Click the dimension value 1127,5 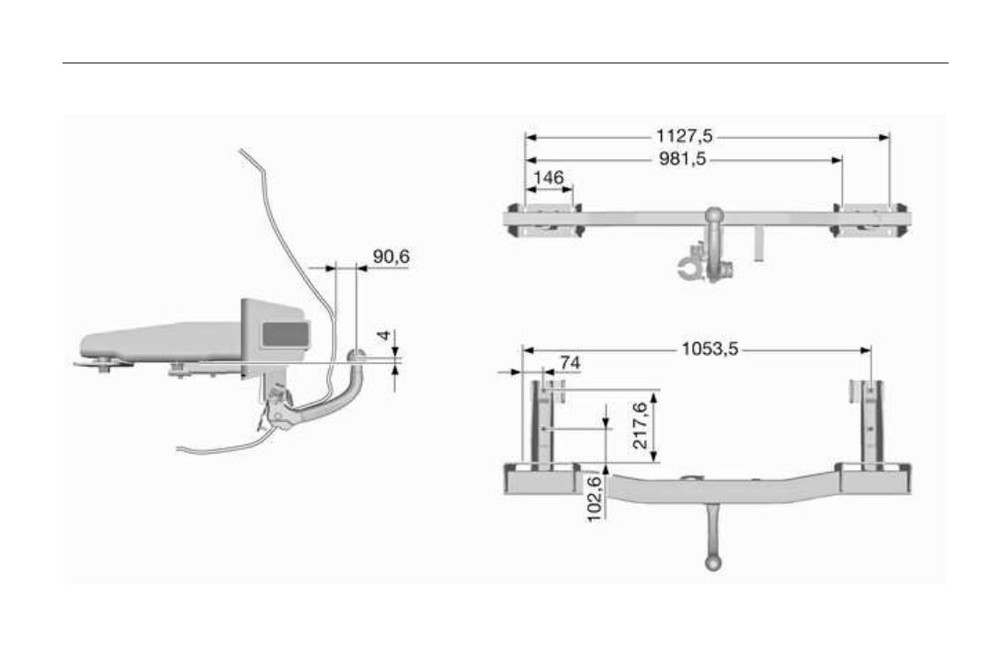tap(684, 136)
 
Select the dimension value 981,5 tap(684, 158)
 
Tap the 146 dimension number tap(548, 177)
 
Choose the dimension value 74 tap(570, 363)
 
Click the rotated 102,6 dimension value tap(595, 497)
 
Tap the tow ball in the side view tap(357, 354)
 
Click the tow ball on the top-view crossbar tap(715, 215)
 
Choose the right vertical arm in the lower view tap(871, 423)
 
